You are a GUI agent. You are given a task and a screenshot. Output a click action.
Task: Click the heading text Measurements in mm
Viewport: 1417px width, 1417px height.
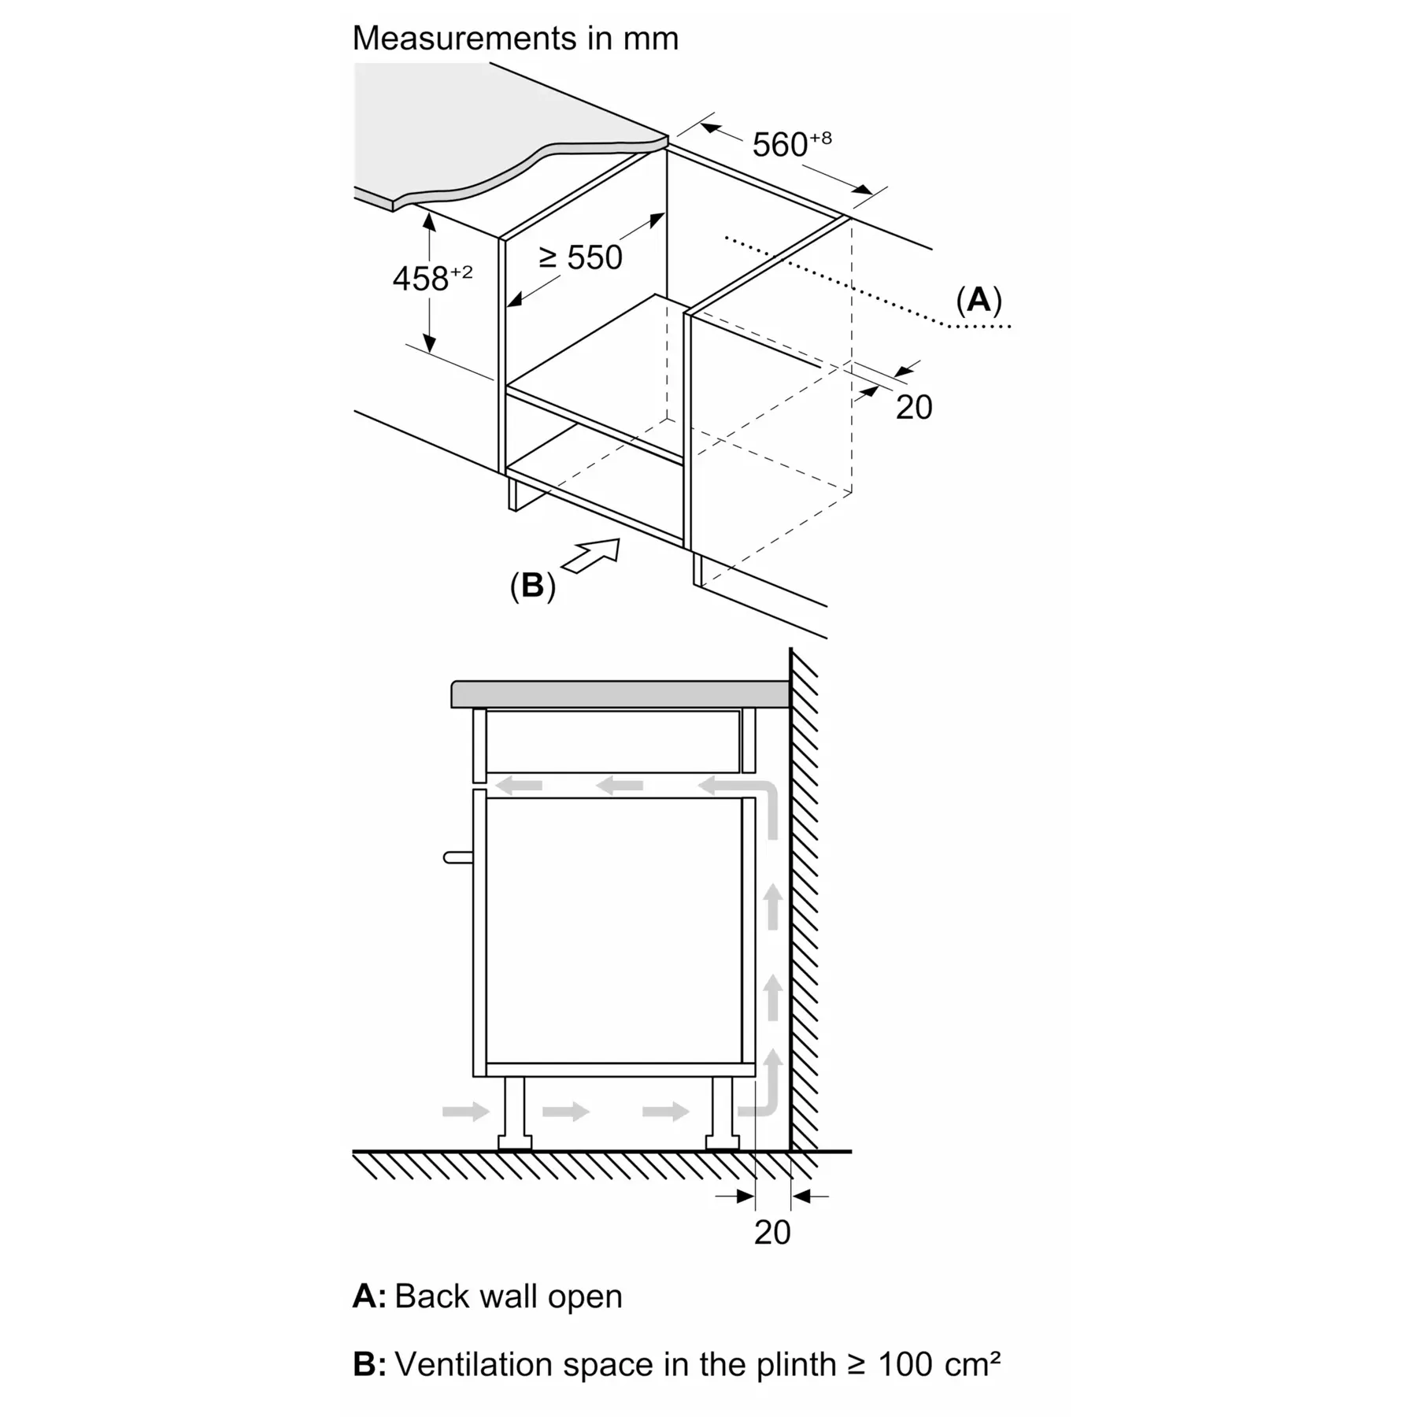(515, 38)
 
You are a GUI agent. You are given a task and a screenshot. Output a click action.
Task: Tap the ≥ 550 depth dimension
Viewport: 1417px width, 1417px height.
(581, 257)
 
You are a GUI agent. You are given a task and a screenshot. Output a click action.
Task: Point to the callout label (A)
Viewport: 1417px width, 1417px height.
(979, 300)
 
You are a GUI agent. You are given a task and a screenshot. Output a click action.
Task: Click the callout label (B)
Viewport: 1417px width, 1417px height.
(533, 586)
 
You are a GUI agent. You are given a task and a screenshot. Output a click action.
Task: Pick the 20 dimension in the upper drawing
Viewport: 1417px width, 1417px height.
(914, 407)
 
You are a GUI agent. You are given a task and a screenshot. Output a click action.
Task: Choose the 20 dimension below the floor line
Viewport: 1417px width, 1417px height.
(771, 1232)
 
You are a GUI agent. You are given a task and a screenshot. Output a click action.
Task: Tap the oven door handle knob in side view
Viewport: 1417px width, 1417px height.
(457, 857)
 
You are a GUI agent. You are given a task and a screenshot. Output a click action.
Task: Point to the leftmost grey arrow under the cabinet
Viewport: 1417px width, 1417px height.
(465, 1111)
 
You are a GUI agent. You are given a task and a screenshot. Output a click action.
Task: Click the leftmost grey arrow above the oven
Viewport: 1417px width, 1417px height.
(519, 785)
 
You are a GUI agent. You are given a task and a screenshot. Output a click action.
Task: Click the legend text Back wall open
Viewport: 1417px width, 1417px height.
(508, 1297)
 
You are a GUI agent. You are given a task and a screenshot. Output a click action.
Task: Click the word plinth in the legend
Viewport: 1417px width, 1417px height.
(796, 1364)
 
